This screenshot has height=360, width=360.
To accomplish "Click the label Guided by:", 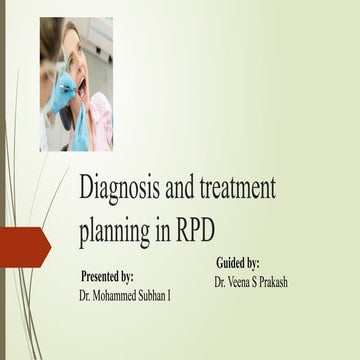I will tap(238, 261).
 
